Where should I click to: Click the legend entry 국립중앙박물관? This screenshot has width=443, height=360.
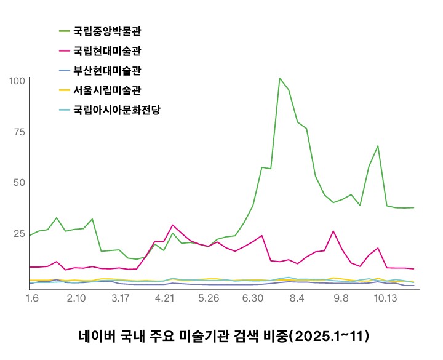108,30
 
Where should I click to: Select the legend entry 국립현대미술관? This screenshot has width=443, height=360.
108,50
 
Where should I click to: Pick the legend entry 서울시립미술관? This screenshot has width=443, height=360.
108,90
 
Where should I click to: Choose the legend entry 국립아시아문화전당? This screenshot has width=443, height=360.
117,111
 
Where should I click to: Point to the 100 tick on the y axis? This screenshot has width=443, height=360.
17,80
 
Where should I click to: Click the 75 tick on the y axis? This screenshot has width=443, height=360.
18,132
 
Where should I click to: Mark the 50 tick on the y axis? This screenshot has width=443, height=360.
18,183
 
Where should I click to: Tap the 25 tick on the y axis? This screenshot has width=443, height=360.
18,234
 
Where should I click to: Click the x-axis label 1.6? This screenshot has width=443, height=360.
33,298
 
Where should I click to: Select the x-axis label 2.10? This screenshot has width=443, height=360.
76,298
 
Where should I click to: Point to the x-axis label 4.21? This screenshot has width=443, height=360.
165,298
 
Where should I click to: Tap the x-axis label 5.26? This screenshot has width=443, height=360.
209,298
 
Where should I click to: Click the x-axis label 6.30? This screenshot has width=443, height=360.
253,298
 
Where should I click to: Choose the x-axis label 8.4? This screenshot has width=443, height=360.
297,298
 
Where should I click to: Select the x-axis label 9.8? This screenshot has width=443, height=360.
340,298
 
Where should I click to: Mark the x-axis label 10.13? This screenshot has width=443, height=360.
385,298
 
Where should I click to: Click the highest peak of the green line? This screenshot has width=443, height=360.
280,78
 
